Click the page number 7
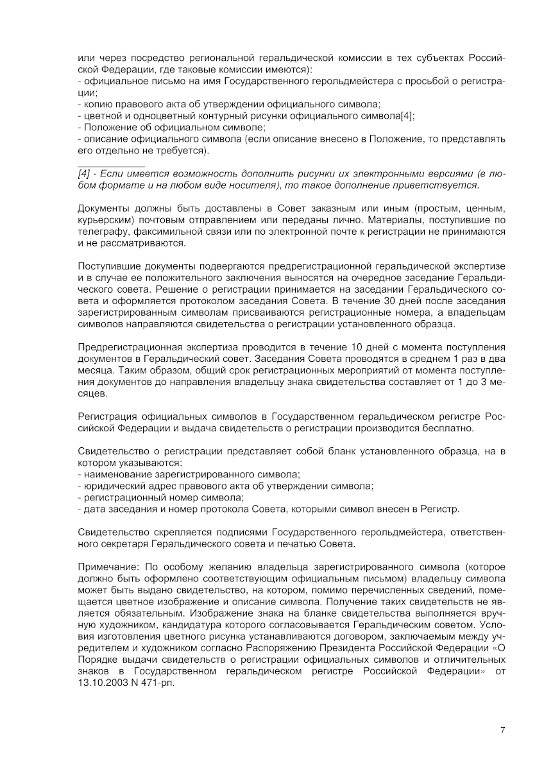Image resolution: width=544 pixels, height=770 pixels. click(503, 730)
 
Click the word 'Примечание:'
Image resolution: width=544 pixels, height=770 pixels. click(106, 568)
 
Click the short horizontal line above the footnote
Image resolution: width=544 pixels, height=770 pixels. click(110, 166)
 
